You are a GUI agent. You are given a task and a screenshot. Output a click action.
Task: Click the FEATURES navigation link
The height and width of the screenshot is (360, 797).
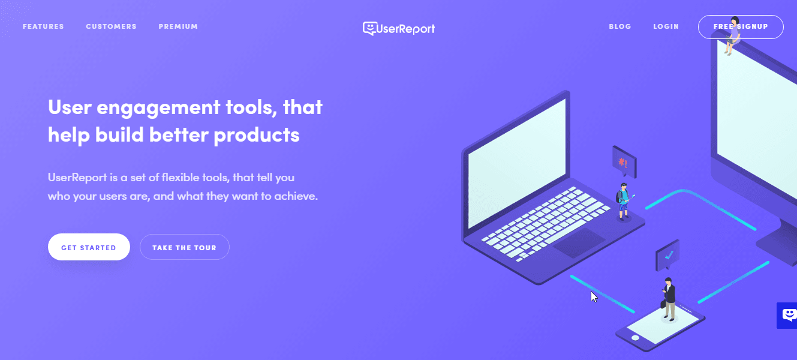click(x=43, y=26)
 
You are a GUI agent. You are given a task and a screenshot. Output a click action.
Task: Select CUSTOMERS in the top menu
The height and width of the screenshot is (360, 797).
click(x=111, y=26)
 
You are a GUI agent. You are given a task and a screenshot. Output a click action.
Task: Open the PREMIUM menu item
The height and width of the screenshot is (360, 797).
click(x=178, y=26)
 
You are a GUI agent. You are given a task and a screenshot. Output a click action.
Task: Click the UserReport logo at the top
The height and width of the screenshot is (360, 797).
click(x=399, y=28)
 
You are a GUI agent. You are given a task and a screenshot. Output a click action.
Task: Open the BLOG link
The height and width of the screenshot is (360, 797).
click(x=620, y=26)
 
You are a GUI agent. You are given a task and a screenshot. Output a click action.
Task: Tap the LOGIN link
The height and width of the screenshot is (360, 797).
click(x=666, y=26)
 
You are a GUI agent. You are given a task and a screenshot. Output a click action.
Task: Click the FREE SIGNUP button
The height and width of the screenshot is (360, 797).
click(x=741, y=27)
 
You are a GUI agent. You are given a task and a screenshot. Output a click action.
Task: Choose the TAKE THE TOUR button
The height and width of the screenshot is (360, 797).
click(x=184, y=247)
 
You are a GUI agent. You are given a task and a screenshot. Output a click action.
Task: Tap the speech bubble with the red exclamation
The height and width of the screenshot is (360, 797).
click(x=624, y=162)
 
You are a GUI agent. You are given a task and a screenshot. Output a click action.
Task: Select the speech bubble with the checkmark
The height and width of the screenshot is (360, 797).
click(x=667, y=255)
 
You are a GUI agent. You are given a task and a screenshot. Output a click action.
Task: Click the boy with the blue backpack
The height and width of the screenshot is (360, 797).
click(x=624, y=202)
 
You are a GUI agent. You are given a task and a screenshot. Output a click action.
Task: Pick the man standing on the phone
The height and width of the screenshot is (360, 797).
click(x=669, y=299)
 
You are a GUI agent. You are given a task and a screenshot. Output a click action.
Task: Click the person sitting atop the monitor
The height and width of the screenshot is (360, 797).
click(x=733, y=35)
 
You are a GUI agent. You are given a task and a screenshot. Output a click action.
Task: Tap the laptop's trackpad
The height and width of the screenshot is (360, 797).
click(x=579, y=242)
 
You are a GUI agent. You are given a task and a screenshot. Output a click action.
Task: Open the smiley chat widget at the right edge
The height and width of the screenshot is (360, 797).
click(x=787, y=315)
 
